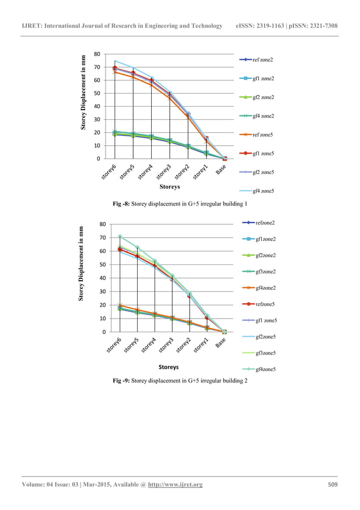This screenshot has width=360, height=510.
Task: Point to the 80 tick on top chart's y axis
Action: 97,55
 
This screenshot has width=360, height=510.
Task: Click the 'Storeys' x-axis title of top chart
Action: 169,185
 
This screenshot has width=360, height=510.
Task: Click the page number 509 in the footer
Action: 333,485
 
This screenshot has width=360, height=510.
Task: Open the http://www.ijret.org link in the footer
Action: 175,485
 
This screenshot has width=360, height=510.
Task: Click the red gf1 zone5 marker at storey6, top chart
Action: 115,68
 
